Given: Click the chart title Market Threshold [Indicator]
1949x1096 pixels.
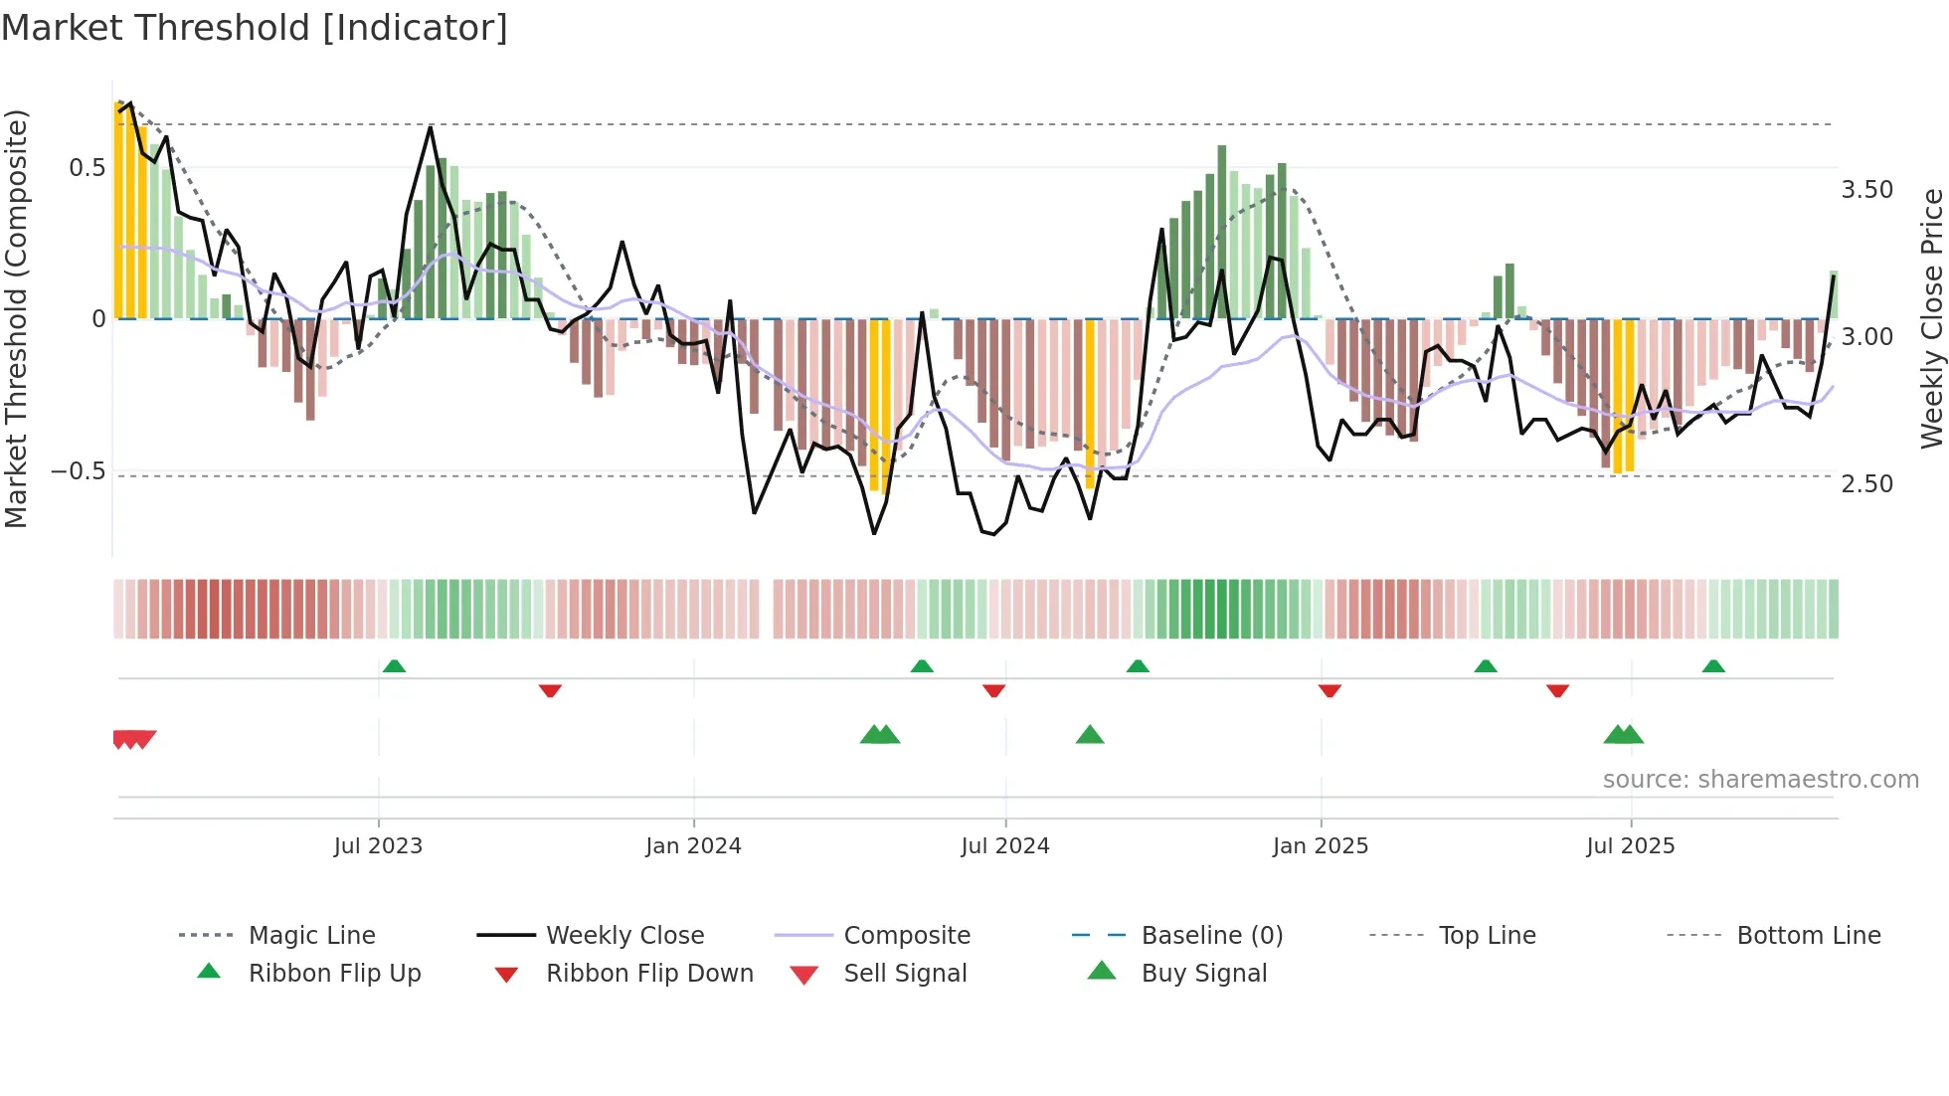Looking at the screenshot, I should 255,28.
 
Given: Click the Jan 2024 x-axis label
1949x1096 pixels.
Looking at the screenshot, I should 693,846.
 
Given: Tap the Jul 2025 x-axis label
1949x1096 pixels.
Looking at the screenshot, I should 1630,846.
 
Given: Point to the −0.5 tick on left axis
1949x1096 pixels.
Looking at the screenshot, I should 79,471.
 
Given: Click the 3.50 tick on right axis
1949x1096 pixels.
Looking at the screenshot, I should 1866,190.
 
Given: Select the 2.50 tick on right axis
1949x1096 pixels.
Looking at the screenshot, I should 1866,484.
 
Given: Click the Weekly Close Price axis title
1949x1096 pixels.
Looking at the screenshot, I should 1931,318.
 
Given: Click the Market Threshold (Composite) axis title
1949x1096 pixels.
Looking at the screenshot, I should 17,318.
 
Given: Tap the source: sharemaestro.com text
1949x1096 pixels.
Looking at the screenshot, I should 1760,780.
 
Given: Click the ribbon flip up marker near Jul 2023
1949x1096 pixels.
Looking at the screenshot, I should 394,665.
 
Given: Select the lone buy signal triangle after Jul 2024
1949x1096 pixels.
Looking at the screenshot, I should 1090,735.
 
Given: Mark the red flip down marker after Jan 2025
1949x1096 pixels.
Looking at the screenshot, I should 1329,690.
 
